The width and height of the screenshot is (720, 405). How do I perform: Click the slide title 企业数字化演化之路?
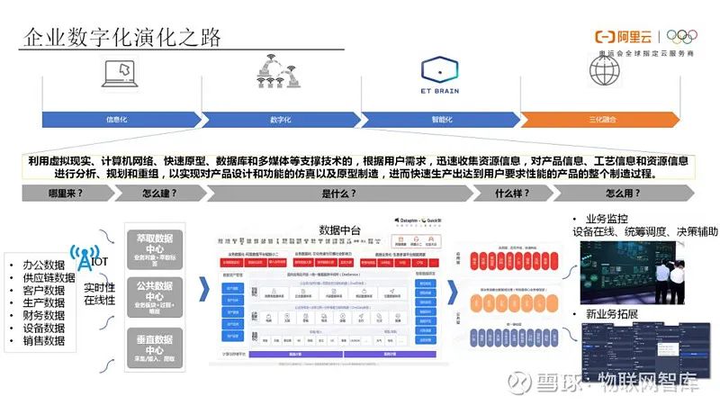(x=121, y=37)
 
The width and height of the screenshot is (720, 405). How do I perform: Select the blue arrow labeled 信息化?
(x=121, y=119)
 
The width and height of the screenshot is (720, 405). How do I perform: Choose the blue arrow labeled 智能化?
(x=440, y=119)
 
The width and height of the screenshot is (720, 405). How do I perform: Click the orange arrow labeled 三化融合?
(x=601, y=119)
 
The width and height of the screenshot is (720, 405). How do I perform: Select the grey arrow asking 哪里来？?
(x=68, y=193)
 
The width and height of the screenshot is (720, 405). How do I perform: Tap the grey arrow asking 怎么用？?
(x=621, y=193)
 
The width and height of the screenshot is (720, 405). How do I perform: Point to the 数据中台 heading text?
(x=339, y=230)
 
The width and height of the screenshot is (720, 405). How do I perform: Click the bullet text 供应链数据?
(x=42, y=277)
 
